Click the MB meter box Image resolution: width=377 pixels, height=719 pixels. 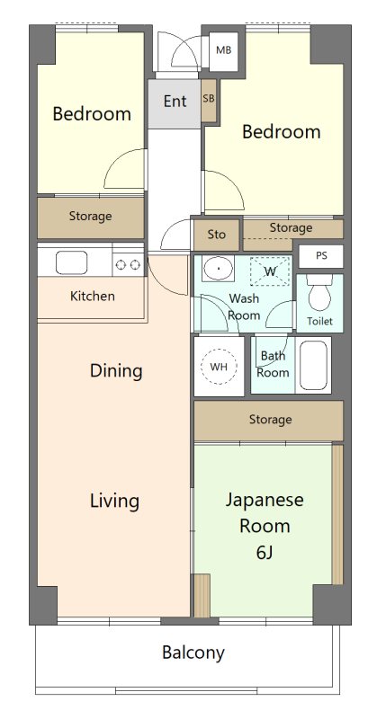pyautogui.click(x=224, y=51)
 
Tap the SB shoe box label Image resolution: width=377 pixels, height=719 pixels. pyautogui.click(x=209, y=99)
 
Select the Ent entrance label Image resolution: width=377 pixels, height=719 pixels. pyautogui.click(x=175, y=101)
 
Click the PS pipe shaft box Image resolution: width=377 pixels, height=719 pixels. pyautogui.click(x=321, y=256)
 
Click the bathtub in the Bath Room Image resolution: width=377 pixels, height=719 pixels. pyautogui.click(x=314, y=365)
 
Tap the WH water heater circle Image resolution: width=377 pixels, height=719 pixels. pyautogui.click(x=219, y=367)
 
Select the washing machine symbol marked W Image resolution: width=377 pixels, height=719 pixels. pyautogui.click(x=270, y=272)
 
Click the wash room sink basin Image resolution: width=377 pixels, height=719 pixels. pyautogui.click(x=219, y=268)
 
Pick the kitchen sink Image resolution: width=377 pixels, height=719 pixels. pyautogui.click(x=72, y=262)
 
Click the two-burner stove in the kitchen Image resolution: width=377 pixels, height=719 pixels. pyautogui.click(x=128, y=264)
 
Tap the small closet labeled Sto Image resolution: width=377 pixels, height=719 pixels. pyautogui.click(x=216, y=235)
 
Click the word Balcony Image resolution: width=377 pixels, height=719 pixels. pyautogui.click(x=193, y=652)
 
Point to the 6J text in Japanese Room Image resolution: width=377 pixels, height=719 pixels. pyautogui.click(x=265, y=553)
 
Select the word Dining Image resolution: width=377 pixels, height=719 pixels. pyautogui.click(x=116, y=370)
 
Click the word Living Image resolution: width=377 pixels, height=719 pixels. pyautogui.click(x=115, y=501)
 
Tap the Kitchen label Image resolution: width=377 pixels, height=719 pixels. pyautogui.click(x=93, y=297)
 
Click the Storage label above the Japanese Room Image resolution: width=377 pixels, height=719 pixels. pyautogui.click(x=270, y=420)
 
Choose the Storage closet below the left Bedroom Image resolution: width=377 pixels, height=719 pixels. pyautogui.click(x=91, y=217)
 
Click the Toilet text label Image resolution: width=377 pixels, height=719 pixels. pyautogui.click(x=319, y=322)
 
